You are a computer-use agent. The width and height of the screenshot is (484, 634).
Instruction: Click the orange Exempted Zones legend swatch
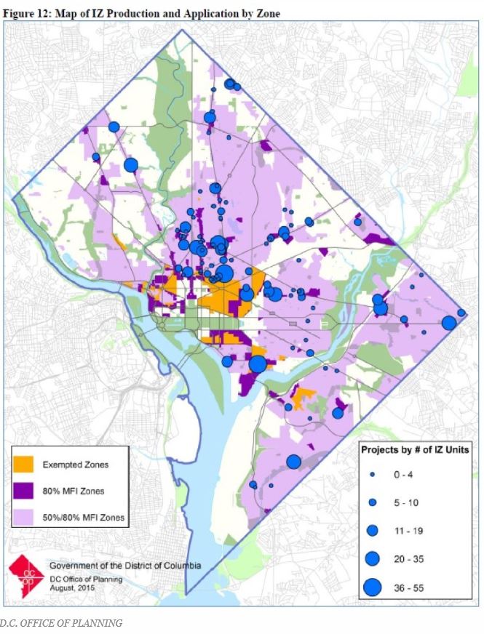(27, 464)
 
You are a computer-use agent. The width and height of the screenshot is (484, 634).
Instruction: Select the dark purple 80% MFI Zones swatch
(27, 491)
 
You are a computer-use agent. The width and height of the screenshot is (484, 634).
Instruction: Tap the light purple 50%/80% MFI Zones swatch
(27, 518)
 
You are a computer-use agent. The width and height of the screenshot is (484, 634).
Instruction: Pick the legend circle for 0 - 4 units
(372, 474)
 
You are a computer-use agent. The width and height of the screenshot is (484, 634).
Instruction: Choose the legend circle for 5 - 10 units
(372, 502)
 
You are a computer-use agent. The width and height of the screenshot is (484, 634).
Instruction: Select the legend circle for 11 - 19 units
(372, 530)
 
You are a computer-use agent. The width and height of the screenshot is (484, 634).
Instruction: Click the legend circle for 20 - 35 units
(372, 558)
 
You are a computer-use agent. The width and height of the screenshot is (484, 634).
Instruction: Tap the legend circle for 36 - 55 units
(372, 586)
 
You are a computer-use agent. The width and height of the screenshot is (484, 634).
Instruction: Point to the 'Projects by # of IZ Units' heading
(415, 449)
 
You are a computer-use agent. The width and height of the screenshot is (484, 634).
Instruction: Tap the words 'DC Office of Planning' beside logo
(86, 579)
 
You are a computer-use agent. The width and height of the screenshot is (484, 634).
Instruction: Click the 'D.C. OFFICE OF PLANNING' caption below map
(61, 622)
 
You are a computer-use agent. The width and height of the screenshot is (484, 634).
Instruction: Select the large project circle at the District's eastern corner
(448, 322)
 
